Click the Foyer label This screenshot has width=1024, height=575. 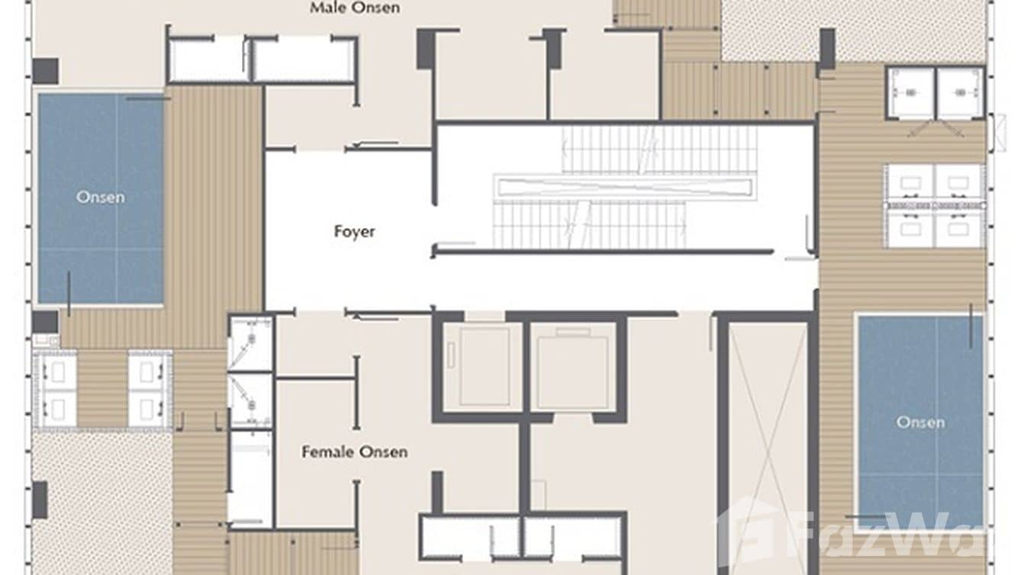[355, 231]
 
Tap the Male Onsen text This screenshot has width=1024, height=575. [355, 8]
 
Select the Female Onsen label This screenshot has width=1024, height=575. [354, 452]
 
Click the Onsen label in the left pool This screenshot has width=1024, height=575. [100, 198]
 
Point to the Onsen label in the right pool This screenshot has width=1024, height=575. [920, 422]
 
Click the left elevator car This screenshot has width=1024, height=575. [483, 366]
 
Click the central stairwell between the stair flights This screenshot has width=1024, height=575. [624, 187]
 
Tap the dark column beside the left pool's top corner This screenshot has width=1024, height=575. [45, 71]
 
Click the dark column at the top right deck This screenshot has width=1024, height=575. [827, 48]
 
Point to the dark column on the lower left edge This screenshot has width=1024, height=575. [40, 500]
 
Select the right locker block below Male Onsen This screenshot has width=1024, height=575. [304, 59]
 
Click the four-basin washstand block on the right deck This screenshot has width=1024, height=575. [935, 206]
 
